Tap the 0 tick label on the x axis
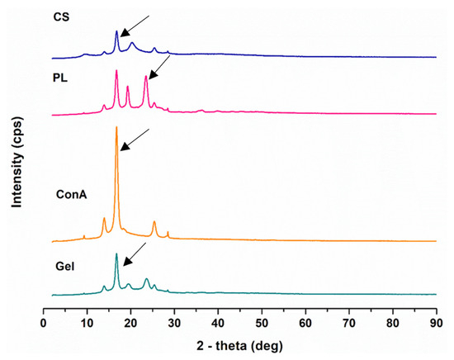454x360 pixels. (43, 323)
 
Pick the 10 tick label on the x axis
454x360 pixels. (86, 323)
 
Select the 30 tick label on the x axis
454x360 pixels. (174, 323)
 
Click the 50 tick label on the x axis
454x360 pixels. (262, 323)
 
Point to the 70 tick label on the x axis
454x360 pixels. (349, 323)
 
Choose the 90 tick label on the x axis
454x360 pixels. (437, 323)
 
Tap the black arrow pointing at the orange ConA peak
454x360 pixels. (135, 139)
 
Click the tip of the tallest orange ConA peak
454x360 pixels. (116, 127)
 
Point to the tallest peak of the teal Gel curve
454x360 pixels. (116, 253)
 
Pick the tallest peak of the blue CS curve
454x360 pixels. (116, 31)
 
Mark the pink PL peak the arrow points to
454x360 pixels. (146, 77)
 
